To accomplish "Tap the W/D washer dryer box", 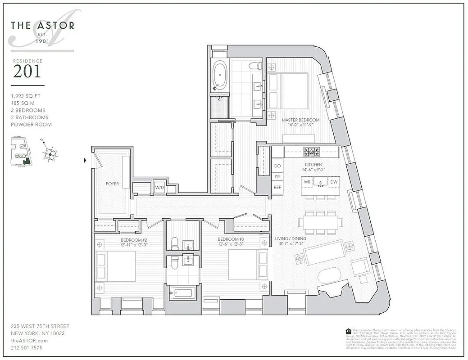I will pyautogui.click(x=159, y=188).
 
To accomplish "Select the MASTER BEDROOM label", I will pyautogui.click(x=300, y=120).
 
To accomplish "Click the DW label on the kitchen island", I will pyautogui.click(x=333, y=182).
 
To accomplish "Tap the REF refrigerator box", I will pyautogui.click(x=277, y=187).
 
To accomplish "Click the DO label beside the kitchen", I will pyautogui.click(x=277, y=166).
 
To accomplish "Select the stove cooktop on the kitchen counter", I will pyautogui.click(x=311, y=151).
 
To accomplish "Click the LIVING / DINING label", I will pyautogui.click(x=291, y=238).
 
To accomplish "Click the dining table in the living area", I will pyautogui.click(x=320, y=222).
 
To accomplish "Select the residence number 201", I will pyautogui.click(x=27, y=72).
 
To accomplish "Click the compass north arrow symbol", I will pyautogui.click(x=50, y=153).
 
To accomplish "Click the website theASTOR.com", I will pyautogui.click(x=29, y=341).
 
